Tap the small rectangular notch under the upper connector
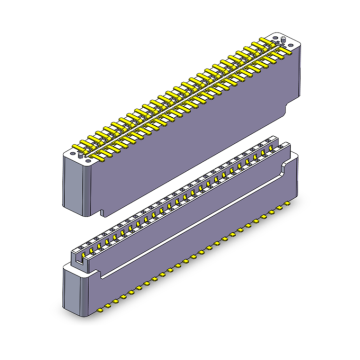104,211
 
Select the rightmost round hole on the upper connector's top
289,44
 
